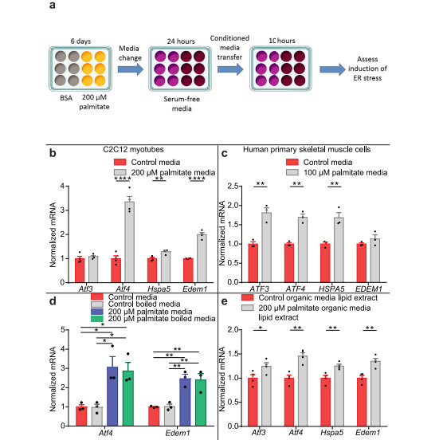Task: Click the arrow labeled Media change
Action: pos(131,69)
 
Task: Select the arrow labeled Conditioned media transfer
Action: pos(230,69)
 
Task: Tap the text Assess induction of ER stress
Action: pos(367,69)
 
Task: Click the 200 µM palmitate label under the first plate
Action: pos(94,102)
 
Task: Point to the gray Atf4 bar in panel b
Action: pos(129,242)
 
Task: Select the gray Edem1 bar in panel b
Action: pos(202,258)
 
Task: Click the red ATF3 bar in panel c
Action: pos(253,263)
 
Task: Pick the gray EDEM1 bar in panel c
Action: pos(375,261)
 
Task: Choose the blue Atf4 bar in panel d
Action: pos(112,396)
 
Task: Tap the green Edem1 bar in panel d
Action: pos(201,403)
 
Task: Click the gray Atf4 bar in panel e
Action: pos(303,391)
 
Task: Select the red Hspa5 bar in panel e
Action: pos(325,402)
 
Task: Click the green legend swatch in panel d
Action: pos(97,319)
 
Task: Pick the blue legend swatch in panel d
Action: pos(97,312)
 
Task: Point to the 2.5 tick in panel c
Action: pos(233,186)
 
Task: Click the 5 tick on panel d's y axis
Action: pos(64,330)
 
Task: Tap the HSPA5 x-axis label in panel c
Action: pos(331,289)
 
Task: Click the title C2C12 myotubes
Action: pos(134,149)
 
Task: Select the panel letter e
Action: pos(225,301)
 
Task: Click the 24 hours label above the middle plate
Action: pos(181,41)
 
